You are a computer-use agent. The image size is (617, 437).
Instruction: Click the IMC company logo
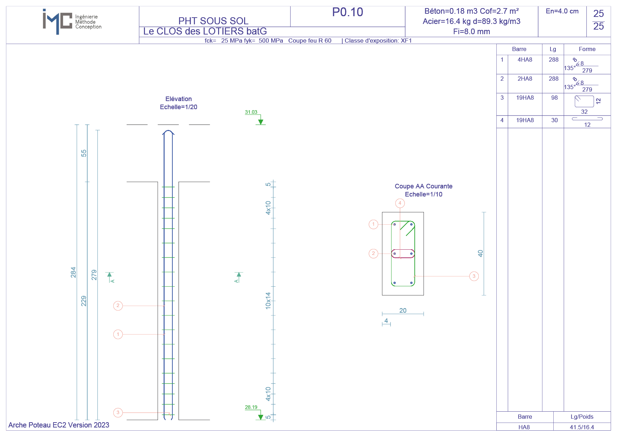point(72,21)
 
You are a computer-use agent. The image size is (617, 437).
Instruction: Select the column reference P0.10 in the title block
point(348,12)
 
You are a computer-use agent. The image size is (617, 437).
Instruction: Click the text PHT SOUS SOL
point(214,21)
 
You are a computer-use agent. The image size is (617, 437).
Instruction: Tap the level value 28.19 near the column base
point(251,407)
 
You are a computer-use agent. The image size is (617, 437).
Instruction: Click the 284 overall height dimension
point(73,272)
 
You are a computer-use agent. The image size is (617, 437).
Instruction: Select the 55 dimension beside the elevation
point(84,153)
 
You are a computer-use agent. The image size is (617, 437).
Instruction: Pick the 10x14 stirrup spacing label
point(268,301)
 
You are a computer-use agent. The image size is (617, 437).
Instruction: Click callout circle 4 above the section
point(400,203)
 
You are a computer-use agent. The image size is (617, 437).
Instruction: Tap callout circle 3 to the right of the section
point(474,276)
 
